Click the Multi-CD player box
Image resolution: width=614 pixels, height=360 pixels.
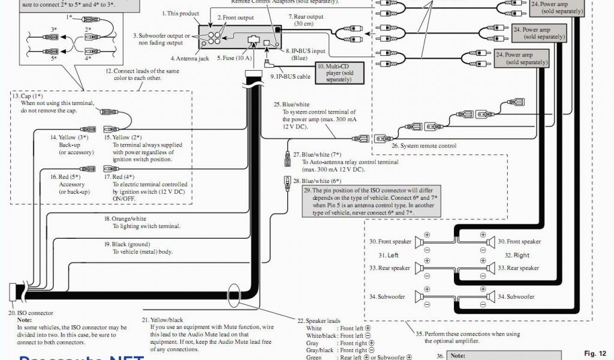335,73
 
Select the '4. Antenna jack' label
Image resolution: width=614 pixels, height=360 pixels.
189,59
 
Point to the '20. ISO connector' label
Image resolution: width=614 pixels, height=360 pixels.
31,313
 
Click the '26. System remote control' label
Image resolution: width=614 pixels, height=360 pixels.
424,146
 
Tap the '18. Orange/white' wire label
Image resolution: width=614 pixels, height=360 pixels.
125,219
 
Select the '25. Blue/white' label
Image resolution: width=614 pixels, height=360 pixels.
291,104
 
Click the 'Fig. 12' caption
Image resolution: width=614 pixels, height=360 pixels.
595,353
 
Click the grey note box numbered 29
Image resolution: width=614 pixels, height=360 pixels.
372,202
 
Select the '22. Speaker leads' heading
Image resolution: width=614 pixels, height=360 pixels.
318,321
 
